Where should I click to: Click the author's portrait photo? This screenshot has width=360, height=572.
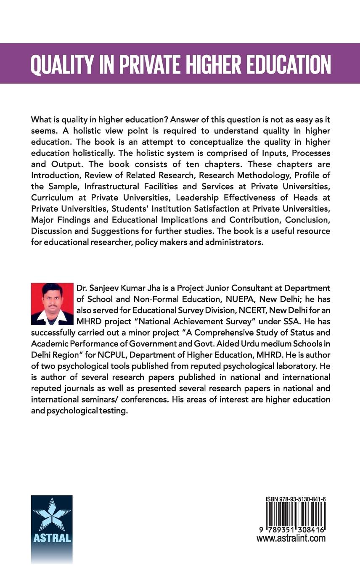pyautogui.click(x=52, y=304)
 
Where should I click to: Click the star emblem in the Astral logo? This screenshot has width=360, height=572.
pyautogui.click(x=52, y=514)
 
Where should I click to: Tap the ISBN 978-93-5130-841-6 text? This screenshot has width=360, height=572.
pyautogui.click(x=296, y=499)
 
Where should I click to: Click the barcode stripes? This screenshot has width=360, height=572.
pyautogui.click(x=296, y=515)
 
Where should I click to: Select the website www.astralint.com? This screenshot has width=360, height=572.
pyautogui.click(x=291, y=539)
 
